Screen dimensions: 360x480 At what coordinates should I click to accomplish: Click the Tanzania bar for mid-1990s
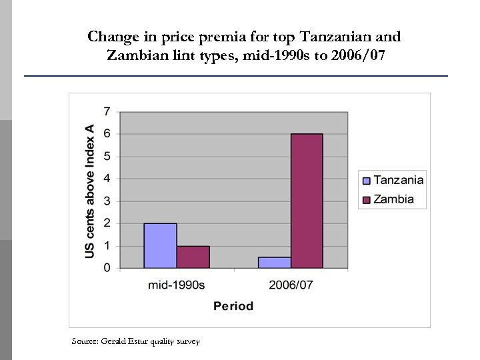click(160, 245)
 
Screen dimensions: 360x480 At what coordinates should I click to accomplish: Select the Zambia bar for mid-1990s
click(193, 257)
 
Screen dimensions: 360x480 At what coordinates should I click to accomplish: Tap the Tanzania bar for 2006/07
click(274, 263)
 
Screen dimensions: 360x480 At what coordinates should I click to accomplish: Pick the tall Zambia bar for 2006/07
click(307, 201)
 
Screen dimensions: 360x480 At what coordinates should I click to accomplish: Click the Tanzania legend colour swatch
click(365, 180)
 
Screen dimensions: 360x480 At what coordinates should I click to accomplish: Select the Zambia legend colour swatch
click(365, 199)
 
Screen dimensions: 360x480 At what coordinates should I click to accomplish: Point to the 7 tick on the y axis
click(107, 111)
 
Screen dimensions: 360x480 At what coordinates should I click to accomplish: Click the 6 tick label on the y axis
click(107, 133)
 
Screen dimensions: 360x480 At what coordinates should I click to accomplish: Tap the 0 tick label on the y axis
click(107, 268)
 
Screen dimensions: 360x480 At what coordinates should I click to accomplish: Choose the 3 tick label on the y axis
click(107, 201)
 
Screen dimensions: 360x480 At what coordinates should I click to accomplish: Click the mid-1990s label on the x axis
click(176, 285)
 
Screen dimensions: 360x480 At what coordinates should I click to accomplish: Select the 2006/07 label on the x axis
click(291, 285)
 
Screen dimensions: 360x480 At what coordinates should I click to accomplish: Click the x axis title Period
click(233, 306)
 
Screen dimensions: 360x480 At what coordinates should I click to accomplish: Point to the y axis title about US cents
click(89, 191)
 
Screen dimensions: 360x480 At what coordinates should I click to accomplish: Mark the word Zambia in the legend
click(393, 199)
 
